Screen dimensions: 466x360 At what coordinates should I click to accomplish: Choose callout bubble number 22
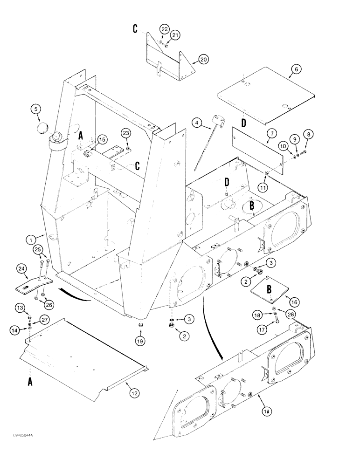[x=164, y=29]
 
